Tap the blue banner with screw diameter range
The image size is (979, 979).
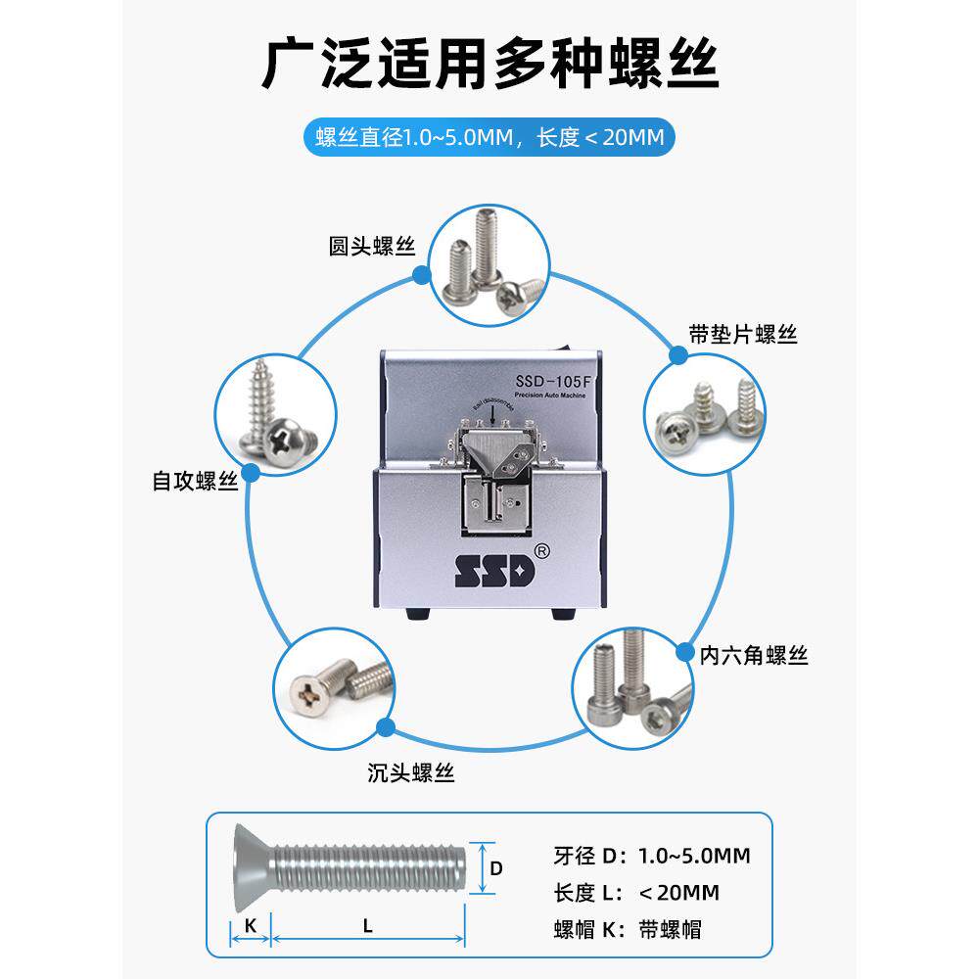[x=489, y=137]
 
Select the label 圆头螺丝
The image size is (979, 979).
[x=372, y=247]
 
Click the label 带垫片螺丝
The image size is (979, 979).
[x=743, y=335]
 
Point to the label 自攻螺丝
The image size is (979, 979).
[x=196, y=481]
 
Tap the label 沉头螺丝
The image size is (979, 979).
[x=411, y=773]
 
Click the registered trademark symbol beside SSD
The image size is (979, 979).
[x=543, y=551]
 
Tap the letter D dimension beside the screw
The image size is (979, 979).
[x=495, y=867]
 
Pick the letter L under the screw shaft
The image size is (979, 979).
[x=367, y=925]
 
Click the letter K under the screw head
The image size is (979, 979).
[x=250, y=925]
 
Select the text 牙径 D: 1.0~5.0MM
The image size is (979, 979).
[x=652, y=856]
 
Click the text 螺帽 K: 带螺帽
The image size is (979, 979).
[x=628, y=928]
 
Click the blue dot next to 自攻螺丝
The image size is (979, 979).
[x=251, y=472]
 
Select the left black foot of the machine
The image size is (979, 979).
[x=416, y=616]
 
